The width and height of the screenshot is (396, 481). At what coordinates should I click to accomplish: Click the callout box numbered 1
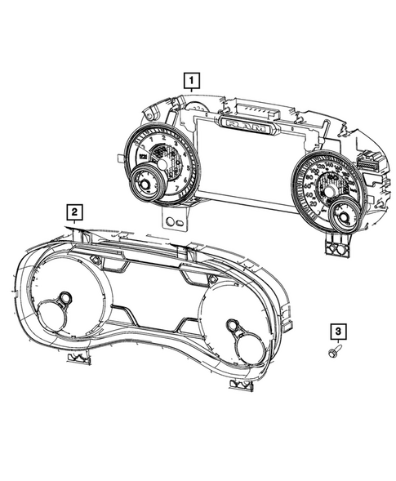point(190,80)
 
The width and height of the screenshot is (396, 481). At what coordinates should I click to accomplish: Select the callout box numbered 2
point(74,214)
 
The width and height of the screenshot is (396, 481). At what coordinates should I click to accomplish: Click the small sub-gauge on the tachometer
point(146,182)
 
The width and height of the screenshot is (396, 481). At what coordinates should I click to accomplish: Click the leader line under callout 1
point(190,96)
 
